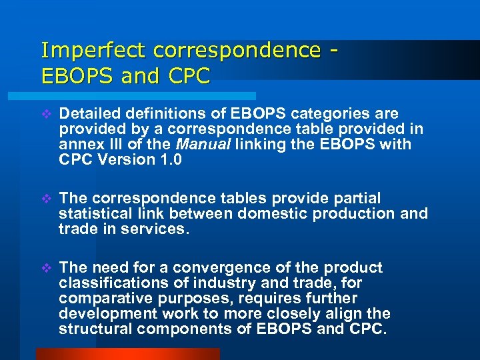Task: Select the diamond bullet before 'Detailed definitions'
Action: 46,114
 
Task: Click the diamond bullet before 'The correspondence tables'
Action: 46,198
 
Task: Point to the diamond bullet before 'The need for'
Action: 46,267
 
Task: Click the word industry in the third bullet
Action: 218,283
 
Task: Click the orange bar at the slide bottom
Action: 127,354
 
